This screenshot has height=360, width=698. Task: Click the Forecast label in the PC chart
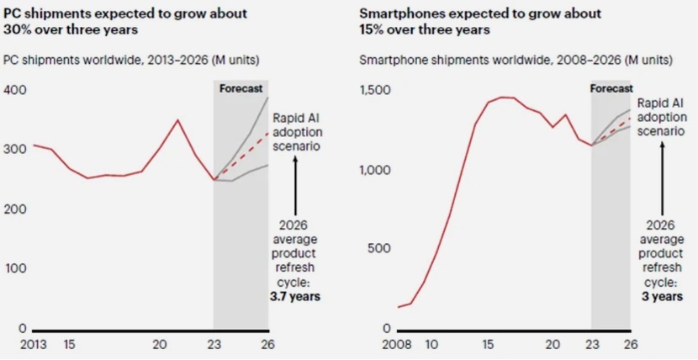click(x=241, y=88)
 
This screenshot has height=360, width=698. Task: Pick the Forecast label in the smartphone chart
click(x=611, y=88)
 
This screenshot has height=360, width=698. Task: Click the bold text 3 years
click(x=664, y=295)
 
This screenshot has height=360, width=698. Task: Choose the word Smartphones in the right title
click(x=394, y=13)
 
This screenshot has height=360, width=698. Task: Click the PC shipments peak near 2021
click(x=177, y=120)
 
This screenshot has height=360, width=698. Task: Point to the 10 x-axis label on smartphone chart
click(x=431, y=344)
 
